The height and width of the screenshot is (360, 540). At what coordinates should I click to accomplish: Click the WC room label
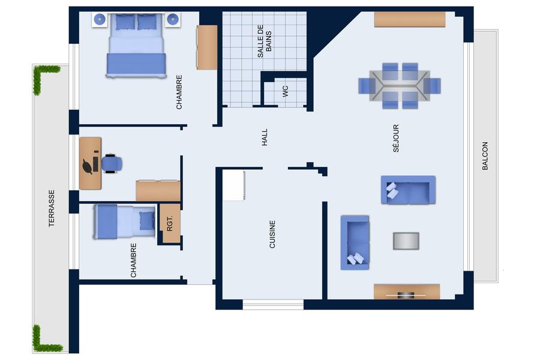[x=285, y=91]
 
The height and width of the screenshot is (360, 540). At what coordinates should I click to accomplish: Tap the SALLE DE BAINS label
[x=265, y=41]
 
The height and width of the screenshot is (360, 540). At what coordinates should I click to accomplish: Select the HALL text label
[x=265, y=137]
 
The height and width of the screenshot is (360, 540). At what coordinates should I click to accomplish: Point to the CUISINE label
[x=272, y=235]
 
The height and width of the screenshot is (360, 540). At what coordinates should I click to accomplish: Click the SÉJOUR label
[x=396, y=138]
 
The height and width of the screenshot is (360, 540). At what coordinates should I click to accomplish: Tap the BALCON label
[x=485, y=156]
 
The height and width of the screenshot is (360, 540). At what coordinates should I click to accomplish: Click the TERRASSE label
[x=52, y=208]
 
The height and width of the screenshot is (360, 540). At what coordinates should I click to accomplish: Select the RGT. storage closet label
[x=169, y=223]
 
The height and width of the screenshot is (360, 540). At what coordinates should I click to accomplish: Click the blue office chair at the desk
[x=112, y=163]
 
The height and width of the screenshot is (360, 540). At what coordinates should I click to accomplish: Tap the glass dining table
[x=400, y=86]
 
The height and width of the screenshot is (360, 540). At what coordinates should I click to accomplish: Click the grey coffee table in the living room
[x=406, y=241]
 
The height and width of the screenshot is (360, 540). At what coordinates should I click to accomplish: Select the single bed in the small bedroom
[x=125, y=221]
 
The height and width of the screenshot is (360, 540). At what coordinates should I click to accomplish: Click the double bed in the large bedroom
[x=136, y=45]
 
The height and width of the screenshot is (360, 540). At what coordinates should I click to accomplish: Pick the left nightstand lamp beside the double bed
[x=100, y=19]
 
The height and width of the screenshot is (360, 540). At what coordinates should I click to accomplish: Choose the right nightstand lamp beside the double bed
[x=172, y=19]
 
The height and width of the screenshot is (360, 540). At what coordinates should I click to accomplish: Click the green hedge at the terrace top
[x=45, y=78]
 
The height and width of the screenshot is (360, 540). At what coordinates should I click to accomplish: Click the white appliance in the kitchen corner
[x=233, y=185]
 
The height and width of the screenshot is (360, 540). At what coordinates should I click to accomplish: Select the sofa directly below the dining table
[x=408, y=190]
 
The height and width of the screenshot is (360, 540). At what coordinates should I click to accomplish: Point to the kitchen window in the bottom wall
[x=273, y=305]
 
